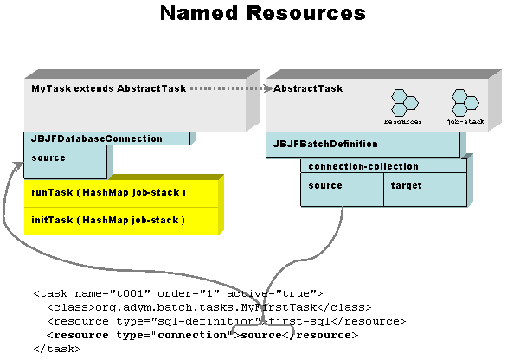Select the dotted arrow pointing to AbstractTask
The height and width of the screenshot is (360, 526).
[227, 88]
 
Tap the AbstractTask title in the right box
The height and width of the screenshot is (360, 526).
[308, 88]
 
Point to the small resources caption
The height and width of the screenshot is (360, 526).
[403, 122]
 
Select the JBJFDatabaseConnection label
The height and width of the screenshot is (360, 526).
[97, 138]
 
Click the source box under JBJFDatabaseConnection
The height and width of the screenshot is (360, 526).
[66, 161]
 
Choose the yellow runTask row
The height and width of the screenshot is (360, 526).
[121, 192]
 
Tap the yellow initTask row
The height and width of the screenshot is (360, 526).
[121, 220]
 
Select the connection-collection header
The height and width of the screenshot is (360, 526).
[362, 166]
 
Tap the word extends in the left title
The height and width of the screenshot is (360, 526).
[94, 88]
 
